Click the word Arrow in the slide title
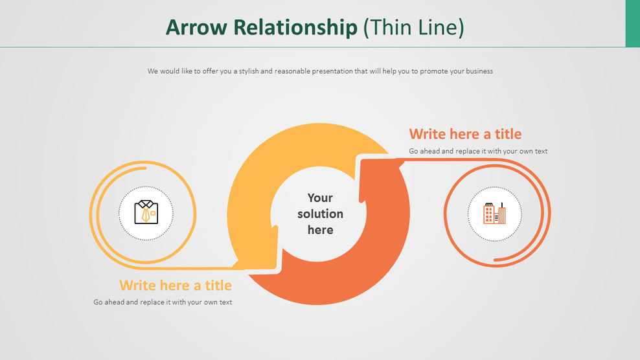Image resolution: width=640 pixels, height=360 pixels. click(x=195, y=27)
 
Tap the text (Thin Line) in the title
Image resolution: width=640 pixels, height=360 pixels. click(x=413, y=27)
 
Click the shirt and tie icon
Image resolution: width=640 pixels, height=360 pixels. click(x=146, y=212)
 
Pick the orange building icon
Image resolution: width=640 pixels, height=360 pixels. click(x=494, y=213)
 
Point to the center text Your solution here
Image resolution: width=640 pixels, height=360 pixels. click(x=320, y=214)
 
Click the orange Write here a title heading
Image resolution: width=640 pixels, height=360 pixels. click(x=465, y=134)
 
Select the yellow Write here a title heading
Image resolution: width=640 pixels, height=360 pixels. click(x=176, y=286)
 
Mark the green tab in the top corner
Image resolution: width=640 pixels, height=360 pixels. click(x=632, y=23)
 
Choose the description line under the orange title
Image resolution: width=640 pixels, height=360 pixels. click(x=478, y=152)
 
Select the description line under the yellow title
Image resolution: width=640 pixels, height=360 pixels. click(x=163, y=302)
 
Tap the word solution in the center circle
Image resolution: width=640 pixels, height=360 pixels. click(x=320, y=214)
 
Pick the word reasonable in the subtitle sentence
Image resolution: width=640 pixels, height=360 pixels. click(x=287, y=71)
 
